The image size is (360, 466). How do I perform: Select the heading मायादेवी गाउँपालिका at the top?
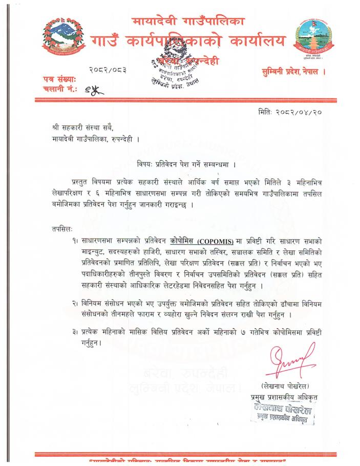188,22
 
